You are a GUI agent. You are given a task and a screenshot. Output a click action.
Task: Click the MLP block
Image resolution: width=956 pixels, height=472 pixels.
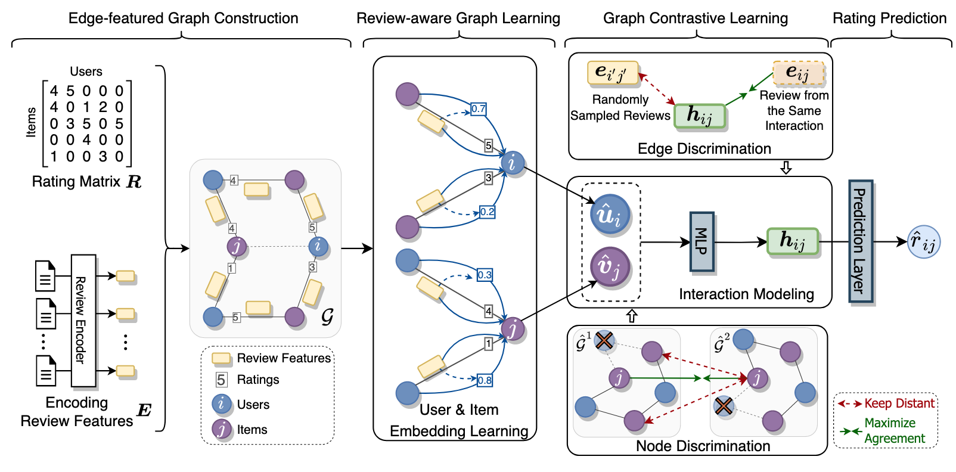pyautogui.click(x=702, y=241)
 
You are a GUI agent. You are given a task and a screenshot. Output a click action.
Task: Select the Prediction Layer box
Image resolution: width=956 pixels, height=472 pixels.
pyautogui.click(x=860, y=241)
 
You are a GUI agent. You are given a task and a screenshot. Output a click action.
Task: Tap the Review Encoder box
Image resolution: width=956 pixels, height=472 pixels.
pyautogui.click(x=83, y=321)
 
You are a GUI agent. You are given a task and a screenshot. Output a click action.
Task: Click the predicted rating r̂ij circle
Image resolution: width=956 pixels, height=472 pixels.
pyautogui.click(x=923, y=242)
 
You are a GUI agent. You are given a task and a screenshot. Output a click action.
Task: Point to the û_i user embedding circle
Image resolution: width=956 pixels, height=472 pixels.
pyautogui.click(x=609, y=214)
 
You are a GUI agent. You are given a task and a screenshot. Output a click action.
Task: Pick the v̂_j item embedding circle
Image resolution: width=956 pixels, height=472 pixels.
pyautogui.click(x=609, y=266)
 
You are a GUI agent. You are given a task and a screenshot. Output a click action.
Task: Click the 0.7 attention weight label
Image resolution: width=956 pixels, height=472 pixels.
pyautogui.click(x=478, y=109)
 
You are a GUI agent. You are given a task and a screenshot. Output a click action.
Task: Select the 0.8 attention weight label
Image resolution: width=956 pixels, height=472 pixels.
pyautogui.click(x=484, y=380)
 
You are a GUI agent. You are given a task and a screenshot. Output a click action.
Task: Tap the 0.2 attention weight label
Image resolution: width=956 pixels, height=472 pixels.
pyautogui.click(x=487, y=212)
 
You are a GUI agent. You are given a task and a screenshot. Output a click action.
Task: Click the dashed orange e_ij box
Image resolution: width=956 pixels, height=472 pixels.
pyautogui.click(x=798, y=73)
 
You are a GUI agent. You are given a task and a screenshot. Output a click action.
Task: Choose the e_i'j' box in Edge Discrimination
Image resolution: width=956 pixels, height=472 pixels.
pyautogui.click(x=612, y=73)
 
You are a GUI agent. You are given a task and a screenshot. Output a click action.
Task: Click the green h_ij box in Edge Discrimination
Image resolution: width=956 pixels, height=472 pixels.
pyautogui.click(x=700, y=116)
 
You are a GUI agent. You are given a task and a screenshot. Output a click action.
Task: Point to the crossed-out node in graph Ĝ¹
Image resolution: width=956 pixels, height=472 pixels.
pyautogui.click(x=604, y=341)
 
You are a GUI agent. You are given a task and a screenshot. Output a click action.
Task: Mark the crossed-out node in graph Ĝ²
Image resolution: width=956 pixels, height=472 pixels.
pyautogui.click(x=724, y=406)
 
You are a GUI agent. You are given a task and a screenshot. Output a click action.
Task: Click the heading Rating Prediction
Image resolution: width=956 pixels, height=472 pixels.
pyautogui.click(x=889, y=18)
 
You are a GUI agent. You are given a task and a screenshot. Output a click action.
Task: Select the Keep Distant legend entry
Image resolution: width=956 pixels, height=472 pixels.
pyautogui.click(x=886, y=403)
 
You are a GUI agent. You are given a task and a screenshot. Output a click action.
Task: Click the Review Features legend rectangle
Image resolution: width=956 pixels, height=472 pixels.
pyautogui.click(x=222, y=358)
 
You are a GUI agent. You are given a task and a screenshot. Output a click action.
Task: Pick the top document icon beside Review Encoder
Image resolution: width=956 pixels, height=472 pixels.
pyautogui.click(x=45, y=276)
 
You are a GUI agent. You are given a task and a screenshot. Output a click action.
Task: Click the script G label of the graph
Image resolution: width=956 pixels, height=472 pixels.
pyautogui.click(x=327, y=316)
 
